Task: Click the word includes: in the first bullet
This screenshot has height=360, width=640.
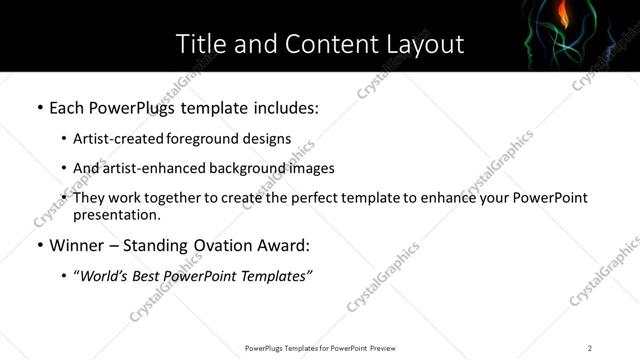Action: (281, 107)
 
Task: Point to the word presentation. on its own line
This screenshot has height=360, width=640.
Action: (116, 214)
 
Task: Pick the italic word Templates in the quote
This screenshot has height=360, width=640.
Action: (276, 277)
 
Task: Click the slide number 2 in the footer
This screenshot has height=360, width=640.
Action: (590, 348)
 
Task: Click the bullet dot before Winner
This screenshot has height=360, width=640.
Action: (38, 246)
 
